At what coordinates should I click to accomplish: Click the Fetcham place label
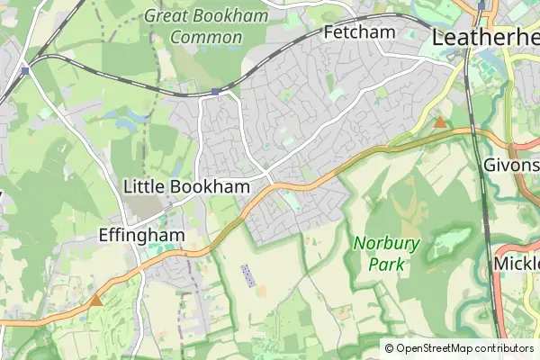(x=359, y=32)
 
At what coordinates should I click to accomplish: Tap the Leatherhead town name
(x=486, y=37)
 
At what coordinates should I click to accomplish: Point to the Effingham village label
(x=141, y=236)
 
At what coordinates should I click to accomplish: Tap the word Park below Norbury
(x=386, y=265)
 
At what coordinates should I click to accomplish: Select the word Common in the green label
(x=206, y=38)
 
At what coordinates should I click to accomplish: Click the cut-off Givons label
(x=510, y=166)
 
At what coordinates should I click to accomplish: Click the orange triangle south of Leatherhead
(x=440, y=121)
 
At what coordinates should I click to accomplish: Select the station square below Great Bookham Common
(x=215, y=92)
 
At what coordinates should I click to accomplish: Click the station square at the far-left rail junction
(x=26, y=69)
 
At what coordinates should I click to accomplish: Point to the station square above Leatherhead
(x=482, y=5)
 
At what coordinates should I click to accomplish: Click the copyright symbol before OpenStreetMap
(x=389, y=348)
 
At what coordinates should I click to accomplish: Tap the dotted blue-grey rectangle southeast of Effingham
(x=248, y=275)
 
